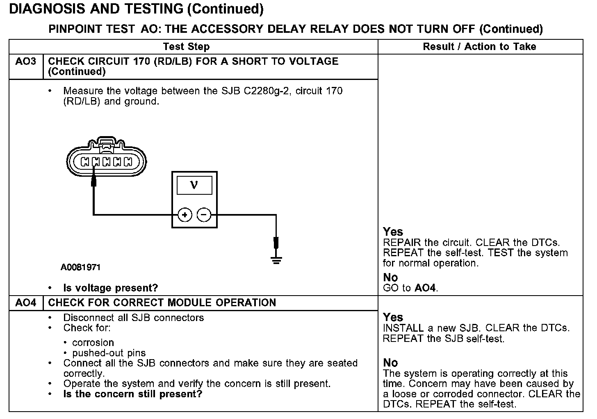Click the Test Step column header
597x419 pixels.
click(x=186, y=47)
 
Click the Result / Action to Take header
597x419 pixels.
click(x=479, y=47)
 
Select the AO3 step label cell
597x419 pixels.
click(x=26, y=61)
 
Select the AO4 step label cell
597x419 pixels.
click(x=26, y=303)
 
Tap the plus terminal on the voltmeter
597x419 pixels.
click(x=185, y=215)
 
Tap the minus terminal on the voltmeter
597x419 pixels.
click(x=204, y=215)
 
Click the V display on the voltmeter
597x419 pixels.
click(x=194, y=185)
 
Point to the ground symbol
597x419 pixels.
click(x=276, y=260)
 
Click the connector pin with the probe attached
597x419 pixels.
click(x=96, y=162)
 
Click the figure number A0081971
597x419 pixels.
click(x=81, y=268)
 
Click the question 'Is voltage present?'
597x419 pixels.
click(x=110, y=288)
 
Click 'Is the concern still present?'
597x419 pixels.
click(x=132, y=394)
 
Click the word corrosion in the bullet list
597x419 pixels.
click(x=93, y=343)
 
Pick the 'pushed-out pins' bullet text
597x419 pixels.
click(x=109, y=353)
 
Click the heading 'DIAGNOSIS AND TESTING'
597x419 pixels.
click(x=96, y=9)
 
